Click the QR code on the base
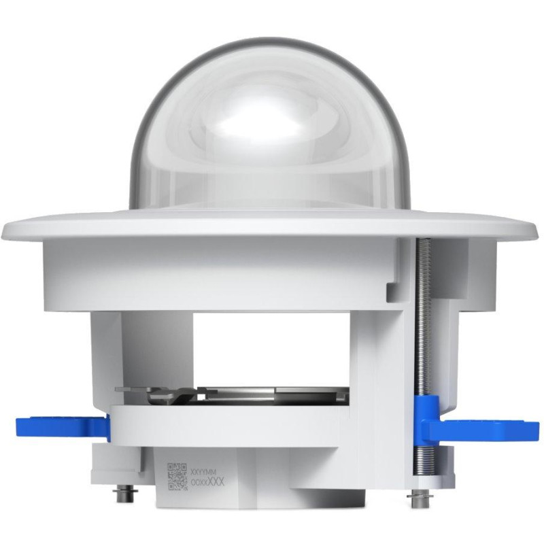tap(177, 475)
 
